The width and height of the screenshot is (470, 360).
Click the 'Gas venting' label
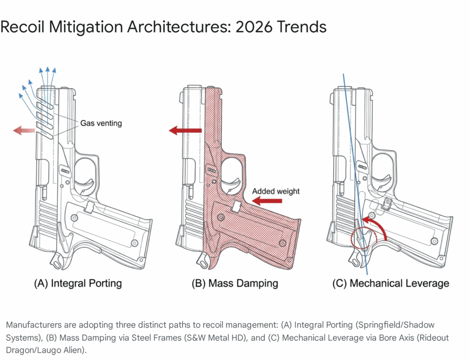tap(101, 123)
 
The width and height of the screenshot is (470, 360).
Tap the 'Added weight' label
tap(276, 191)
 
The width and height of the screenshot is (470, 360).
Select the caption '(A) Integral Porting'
tap(78, 283)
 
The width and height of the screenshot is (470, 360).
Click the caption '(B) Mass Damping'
tap(235, 283)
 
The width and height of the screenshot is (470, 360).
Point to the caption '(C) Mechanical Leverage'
tap(391, 283)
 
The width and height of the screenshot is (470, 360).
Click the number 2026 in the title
tap(254, 27)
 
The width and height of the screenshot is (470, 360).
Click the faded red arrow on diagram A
tap(24, 130)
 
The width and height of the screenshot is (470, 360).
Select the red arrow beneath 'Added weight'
tap(267, 201)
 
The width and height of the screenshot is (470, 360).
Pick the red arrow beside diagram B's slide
tap(185, 130)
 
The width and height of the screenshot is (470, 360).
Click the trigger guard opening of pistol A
tap(85, 174)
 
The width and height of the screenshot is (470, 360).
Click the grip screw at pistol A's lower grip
tap(134, 243)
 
